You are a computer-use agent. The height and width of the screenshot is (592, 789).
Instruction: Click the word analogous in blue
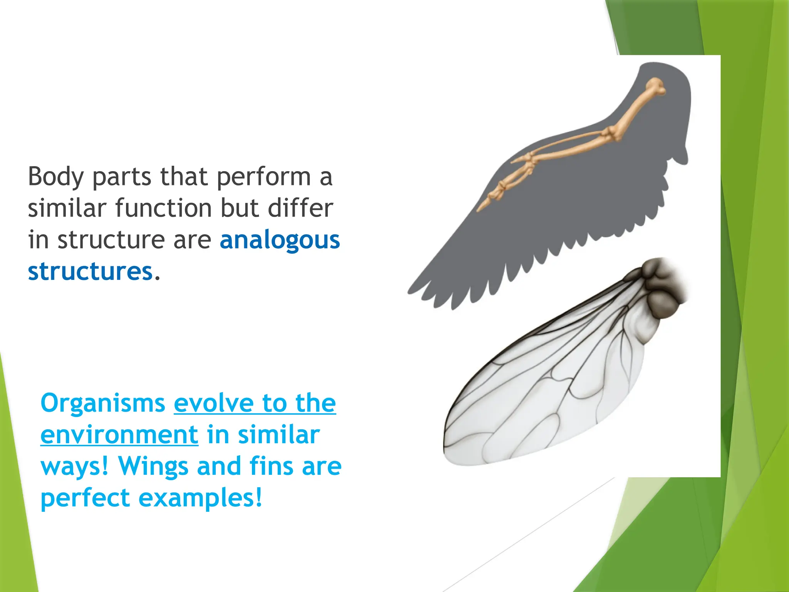(x=280, y=240)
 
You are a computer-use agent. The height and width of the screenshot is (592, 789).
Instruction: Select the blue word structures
(x=90, y=272)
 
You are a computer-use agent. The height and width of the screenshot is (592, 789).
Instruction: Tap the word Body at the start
(x=55, y=177)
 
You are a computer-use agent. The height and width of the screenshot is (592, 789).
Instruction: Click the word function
(x=165, y=209)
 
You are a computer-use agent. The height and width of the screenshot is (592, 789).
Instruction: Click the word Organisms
(x=103, y=404)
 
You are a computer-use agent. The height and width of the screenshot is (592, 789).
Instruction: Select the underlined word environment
(x=119, y=435)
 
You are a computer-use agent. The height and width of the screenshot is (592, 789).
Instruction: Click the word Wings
(x=153, y=467)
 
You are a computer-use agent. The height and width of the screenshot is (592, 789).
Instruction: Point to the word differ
(x=300, y=209)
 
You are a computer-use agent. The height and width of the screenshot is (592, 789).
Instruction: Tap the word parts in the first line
(x=122, y=177)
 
